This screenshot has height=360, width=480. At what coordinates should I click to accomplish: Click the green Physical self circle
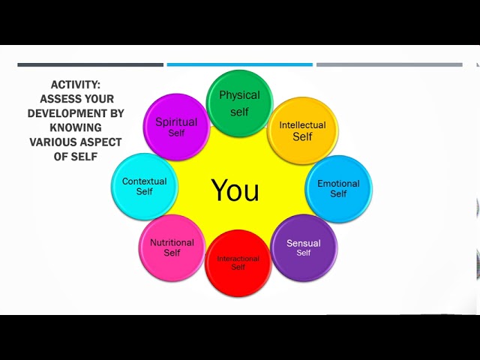click(239, 103)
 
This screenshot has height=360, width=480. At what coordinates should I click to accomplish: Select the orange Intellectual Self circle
click(302, 130)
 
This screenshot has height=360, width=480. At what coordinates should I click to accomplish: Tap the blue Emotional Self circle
click(338, 188)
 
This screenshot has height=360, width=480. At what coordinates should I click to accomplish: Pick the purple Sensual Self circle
click(303, 247)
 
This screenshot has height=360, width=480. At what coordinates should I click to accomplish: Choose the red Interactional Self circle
click(238, 262)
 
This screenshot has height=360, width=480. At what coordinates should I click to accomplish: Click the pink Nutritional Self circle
click(172, 247)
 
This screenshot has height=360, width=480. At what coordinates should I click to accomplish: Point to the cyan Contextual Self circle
click(145, 186)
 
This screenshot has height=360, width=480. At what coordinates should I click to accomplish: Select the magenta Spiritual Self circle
click(176, 127)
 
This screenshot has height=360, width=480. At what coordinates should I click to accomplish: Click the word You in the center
click(235, 190)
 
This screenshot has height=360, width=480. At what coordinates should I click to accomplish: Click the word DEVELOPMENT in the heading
click(76, 113)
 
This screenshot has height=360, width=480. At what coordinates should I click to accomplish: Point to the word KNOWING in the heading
click(76, 127)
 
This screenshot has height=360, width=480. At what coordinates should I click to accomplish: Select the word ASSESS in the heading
click(61, 99)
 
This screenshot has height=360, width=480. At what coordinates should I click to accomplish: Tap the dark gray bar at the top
click(90, 64)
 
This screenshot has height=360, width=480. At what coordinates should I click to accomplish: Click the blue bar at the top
click(239, 64)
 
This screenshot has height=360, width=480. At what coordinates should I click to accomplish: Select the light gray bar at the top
click(389, 64)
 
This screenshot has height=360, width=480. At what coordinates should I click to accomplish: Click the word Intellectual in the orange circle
click(302, 125)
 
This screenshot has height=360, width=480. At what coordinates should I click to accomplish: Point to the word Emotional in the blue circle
click(338, 183)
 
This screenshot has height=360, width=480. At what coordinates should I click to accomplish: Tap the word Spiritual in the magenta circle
click(176, 122)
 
